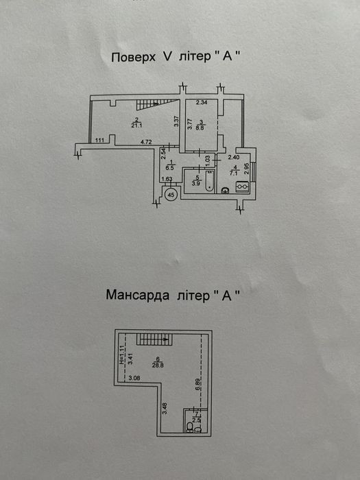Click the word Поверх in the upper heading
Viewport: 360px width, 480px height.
(x=134, y=57)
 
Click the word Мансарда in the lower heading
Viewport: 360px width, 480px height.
(x=138, y=295)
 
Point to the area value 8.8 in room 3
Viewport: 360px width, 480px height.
(x=201, y=125)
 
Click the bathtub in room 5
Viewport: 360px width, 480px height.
(x=210, y=182)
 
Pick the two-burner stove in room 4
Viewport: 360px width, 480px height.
(x=243, y=186)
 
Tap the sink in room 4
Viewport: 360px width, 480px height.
(x=225, y=191)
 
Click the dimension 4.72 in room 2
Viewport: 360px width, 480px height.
(x=146, y=142)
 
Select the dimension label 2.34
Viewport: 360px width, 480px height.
(x=202, y=103)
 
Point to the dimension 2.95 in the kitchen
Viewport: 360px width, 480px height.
(x=245, y=168)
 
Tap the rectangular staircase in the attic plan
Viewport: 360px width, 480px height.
(x=154, y=339)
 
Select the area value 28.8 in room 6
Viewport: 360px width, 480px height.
(x=157, y=364)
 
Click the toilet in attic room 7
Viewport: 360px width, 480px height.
(x=190, y=427)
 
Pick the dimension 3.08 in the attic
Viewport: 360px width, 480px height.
(x=134, y=378)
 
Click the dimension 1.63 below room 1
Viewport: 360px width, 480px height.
(x=167, y=179)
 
